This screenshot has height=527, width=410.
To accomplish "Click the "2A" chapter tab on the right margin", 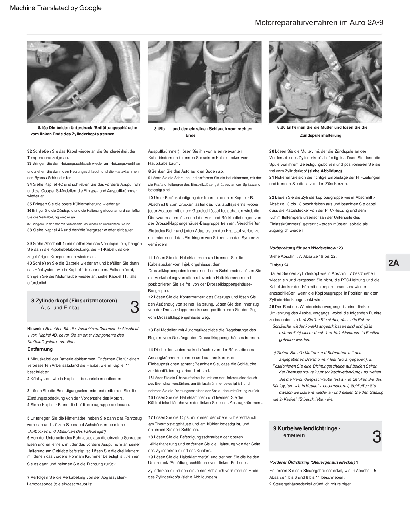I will [393, 263].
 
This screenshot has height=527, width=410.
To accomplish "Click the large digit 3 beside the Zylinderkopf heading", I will [135, 307].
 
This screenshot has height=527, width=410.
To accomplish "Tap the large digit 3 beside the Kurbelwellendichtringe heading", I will [377, 437].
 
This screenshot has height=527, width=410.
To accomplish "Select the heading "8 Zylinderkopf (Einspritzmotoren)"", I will [74, 301].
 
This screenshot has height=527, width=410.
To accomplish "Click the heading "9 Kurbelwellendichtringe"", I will [307, 428].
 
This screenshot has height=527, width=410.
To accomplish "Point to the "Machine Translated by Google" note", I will [56, 8].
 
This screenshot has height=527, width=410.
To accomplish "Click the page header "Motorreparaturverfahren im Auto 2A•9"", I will [319, 23].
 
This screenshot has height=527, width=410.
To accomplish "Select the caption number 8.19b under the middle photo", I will [160, 129].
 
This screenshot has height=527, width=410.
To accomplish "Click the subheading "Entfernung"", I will [40, 349].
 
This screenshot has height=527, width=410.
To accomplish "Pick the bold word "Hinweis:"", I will [35, 329].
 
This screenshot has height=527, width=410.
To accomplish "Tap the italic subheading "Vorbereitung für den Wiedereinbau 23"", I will [306, 248].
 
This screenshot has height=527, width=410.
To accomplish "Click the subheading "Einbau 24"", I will [279, 265].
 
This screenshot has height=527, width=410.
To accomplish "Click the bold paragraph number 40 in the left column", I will [30, 263].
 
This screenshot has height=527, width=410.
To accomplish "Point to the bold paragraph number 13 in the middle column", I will [151, 330].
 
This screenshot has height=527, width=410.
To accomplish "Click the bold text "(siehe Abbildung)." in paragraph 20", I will [325, 171].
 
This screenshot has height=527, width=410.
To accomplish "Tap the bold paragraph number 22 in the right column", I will [271, 197].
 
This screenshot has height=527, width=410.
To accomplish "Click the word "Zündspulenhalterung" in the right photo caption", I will [320, 136].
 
